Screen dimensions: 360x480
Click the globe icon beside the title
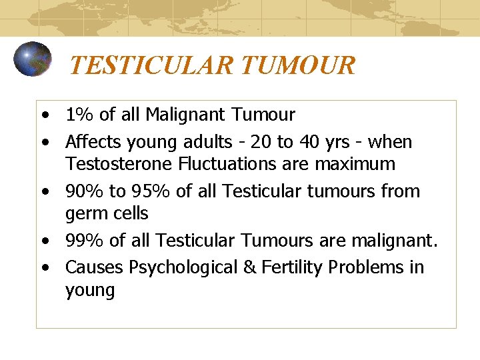click(32, 59)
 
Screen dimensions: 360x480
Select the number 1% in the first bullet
click(79, 115)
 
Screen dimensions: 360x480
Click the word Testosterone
click(117, 163)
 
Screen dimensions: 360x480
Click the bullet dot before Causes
click(45, 267)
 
